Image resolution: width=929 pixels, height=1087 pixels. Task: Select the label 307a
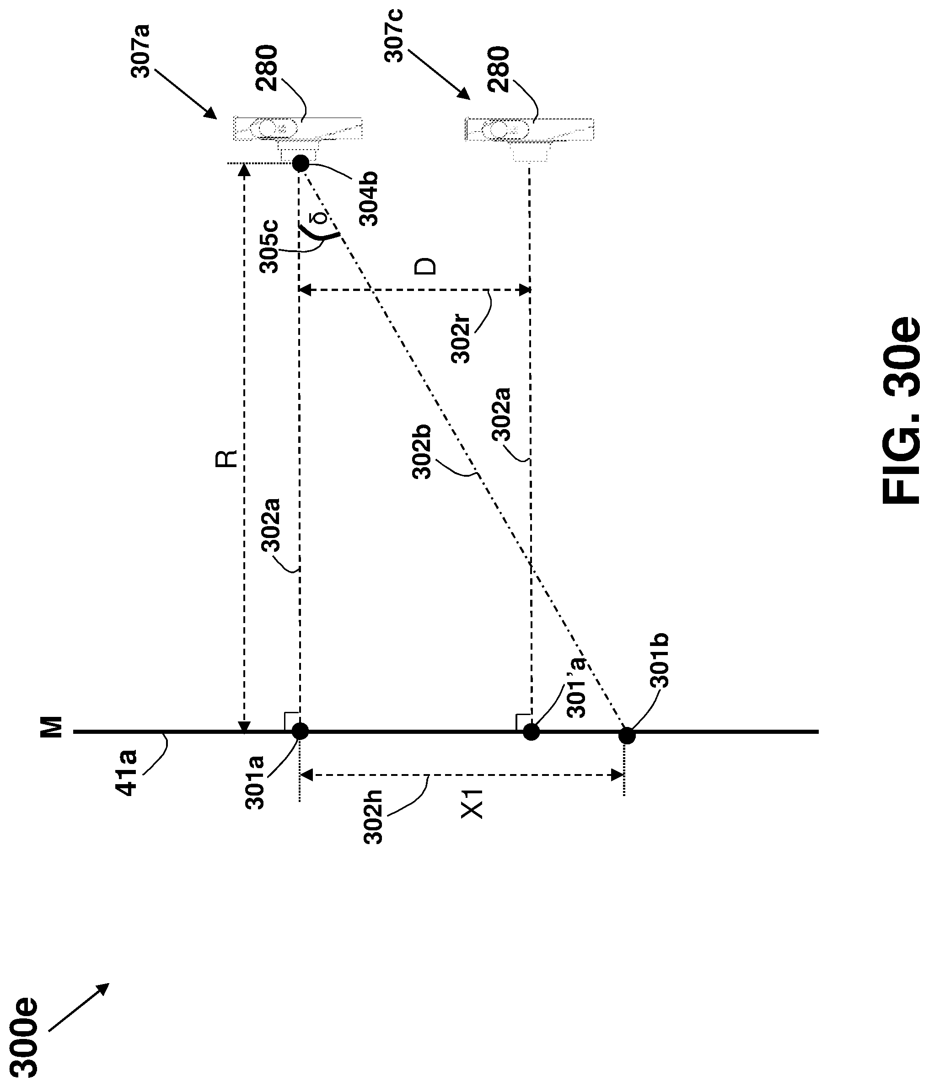point(140,50)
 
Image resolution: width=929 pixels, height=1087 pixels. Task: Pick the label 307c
point(394,35)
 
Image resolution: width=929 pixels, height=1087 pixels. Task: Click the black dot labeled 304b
point(300,163)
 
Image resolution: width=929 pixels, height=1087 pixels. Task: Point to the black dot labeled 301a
point(300,731)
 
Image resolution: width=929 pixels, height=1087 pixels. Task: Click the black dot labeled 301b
point(627,736)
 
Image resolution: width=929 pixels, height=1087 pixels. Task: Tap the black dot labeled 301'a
point(532,732)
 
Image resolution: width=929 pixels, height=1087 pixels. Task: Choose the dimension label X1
point(472,804)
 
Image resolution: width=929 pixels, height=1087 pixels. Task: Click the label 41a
point(126,772)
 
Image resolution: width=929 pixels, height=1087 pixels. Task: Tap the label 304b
point(371,200)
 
